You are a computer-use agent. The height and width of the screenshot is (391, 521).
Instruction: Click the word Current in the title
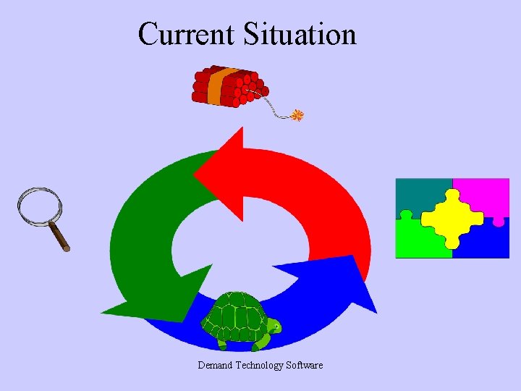tap(187, 34)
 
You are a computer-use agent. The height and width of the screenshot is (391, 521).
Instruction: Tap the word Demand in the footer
tap(216, 365)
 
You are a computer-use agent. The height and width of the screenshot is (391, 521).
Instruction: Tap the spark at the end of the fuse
tap(297, 115)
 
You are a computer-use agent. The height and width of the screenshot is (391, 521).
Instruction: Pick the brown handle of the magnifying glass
tap(59, 237)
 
